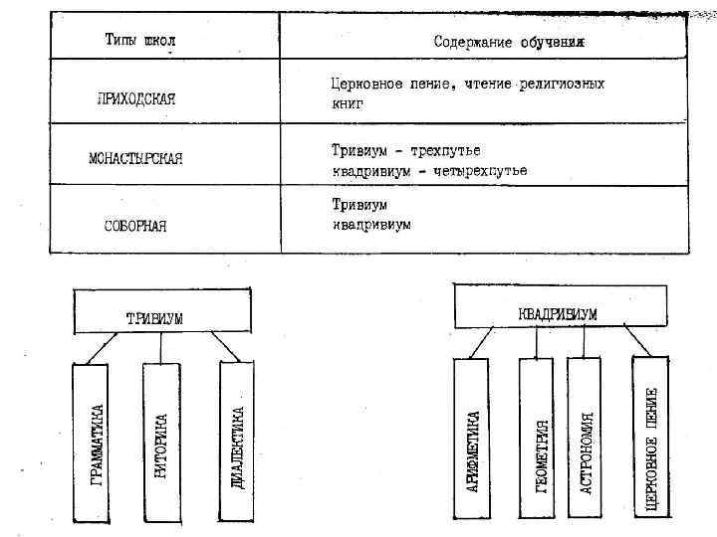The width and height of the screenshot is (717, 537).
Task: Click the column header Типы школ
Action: pos(140,41)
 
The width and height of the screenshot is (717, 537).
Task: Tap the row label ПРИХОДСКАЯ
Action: pos(136,98)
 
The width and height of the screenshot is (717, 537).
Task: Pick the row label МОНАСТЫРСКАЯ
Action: pos(136,159)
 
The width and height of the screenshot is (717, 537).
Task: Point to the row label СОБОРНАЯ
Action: pos(135,225)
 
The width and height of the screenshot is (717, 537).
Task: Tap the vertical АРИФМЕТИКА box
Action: pos(472,439)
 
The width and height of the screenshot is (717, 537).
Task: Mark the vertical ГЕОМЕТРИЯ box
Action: pos(537,439)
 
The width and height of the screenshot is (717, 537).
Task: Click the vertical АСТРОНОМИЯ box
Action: pos(585,439)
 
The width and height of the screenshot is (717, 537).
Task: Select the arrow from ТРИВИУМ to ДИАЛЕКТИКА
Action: pos(227,347)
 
